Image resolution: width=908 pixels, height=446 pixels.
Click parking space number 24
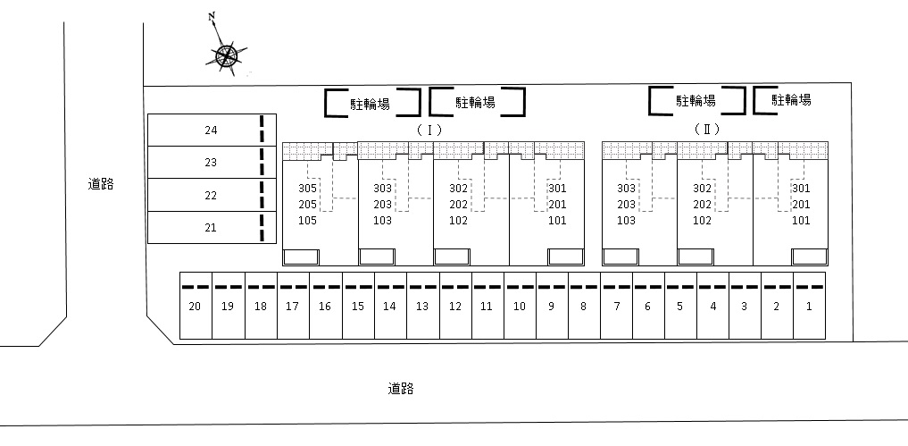pos(212,130)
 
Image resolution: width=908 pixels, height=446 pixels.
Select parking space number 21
pos(212,227)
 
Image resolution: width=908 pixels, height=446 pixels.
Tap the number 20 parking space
pos(196,306)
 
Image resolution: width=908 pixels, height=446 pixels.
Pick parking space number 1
pos(809,306)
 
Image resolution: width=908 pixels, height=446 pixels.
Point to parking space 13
pos(422,306)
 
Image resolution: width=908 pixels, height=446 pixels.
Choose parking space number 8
pos(584,306)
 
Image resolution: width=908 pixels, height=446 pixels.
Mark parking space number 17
pos(293,306)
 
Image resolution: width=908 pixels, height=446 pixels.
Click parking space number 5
pos(680,306)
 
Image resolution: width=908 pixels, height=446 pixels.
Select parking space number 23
pos(212,163)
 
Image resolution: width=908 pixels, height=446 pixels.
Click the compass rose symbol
pos(227,56)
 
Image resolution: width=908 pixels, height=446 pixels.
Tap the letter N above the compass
pos(212,17)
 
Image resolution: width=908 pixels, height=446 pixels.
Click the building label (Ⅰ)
pos(429,130)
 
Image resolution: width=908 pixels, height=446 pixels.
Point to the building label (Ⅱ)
pos(707,130)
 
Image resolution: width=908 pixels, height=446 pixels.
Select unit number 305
pos(307,189)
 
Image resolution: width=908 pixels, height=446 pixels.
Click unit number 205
pos(307,204)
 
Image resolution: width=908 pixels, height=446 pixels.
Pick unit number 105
pos(307,221)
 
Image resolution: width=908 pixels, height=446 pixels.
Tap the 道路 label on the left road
pos(101,184)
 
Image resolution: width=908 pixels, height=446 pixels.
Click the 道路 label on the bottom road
pos(401,389)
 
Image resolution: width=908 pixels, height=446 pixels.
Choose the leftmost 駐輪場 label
pos(370,104)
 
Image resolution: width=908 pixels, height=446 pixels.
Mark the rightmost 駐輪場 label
pos(792,100)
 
